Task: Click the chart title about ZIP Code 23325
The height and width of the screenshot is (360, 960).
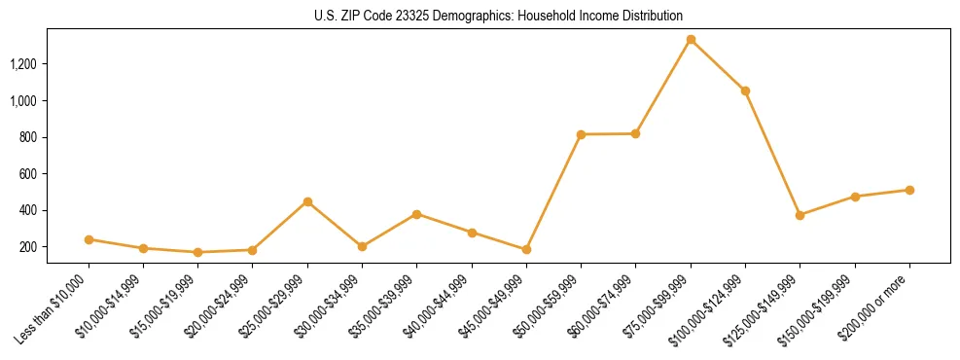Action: pyautogui.click(x=499, y=16)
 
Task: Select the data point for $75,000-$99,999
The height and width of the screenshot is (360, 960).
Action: pyautogui.click(x=691, y=40)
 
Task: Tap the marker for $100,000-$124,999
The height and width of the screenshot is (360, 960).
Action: pyautogui.click(x=745, y=90)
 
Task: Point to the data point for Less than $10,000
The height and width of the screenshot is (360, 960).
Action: pyautogui.click(x=89, y=239)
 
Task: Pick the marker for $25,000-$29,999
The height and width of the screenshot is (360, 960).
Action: pyautogui.click(x=307, y=201)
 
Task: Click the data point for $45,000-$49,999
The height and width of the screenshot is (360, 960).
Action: pyautogui.click(x=526, y=249)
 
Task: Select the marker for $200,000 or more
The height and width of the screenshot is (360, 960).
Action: pyautogui.click(x=909, y=190)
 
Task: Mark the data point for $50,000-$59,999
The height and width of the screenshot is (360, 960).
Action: pyautogui.click(x=581, y=134)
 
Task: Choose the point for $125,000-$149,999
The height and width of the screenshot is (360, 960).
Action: pyautogui.click(x=800, y=215)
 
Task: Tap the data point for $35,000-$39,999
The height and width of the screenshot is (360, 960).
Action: pyautogui.click(x=417, y=214)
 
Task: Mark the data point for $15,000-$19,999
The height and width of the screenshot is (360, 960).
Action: pyautogui.click(x=197, y=252)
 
